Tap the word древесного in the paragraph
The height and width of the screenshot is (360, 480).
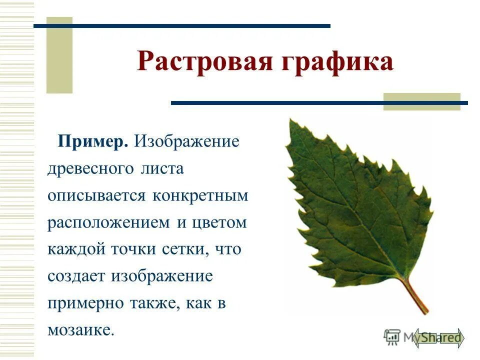(x=88, y=168)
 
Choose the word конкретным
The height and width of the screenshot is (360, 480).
(x=200, y=195)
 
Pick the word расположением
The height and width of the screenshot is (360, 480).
(x=109, y=223)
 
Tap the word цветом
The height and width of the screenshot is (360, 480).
(x=218, y=222)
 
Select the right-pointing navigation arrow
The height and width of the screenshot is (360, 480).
(x=452, y=338)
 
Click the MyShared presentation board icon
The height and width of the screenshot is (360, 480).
(x=392, y=336)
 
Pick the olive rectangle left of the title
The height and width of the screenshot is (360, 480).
(x=59, y=55)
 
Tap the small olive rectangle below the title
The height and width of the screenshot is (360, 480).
(x=421, y=101)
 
